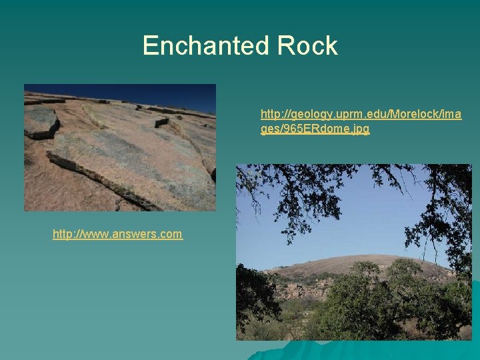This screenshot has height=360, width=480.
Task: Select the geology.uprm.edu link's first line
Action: pos(361,115)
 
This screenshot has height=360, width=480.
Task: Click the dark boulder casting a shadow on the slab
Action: pos(161,123)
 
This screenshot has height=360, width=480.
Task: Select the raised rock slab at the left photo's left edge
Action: pos(40,123)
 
